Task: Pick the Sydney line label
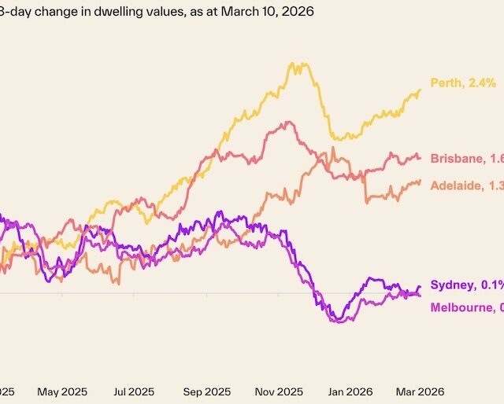tap(467, 285)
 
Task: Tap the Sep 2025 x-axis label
tap(206, 390)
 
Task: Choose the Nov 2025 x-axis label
tap(279, 390)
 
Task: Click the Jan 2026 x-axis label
tap(350, 390)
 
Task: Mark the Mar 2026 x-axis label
tap(417, 390)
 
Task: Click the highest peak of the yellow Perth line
tap(294, 64)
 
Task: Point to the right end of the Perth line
tap(420, 89)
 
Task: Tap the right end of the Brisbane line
tap(420, 156)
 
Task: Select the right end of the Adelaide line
tap(420, 181)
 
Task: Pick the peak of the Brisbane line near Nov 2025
tap(291, 122)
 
